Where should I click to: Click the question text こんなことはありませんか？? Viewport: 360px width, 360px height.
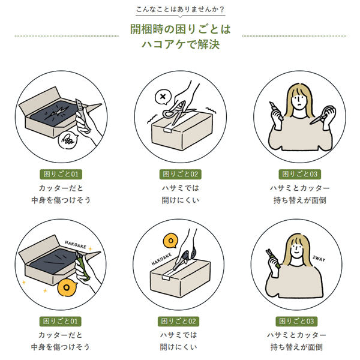click(x=180, y=10)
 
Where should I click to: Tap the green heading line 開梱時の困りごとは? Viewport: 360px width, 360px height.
click(x=180, y=29)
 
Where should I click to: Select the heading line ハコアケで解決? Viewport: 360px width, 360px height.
click(x=181, y=44)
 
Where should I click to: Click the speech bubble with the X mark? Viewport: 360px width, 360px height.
click(x=163, y=97)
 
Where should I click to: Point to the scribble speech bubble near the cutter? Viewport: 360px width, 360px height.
click(x=68, y=140)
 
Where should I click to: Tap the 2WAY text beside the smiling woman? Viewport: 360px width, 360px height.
click(x=319, y=259)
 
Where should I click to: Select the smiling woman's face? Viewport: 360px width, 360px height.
click(x=296, y=248)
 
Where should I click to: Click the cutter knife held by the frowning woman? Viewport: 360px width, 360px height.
click(x=276, y=111)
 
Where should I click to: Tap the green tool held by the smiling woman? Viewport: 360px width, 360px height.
click(x=273, y=259)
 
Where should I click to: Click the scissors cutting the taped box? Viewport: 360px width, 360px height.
click(x=176, y=113)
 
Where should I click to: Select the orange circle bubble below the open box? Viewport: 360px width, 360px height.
click(x=67, y=287)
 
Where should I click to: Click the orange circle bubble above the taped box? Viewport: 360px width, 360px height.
click(x=170, y=241)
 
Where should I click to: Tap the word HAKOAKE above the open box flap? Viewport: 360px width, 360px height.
click(x=76, y=245)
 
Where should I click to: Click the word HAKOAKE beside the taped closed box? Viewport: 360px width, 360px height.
click(x=161, y=259)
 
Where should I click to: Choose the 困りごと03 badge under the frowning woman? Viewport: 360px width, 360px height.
click(x=300, y=174)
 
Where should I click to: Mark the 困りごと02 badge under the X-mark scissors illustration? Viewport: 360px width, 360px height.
click(x=181, y=174)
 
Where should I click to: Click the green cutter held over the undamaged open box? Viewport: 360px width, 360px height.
click(x=82, y=266)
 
